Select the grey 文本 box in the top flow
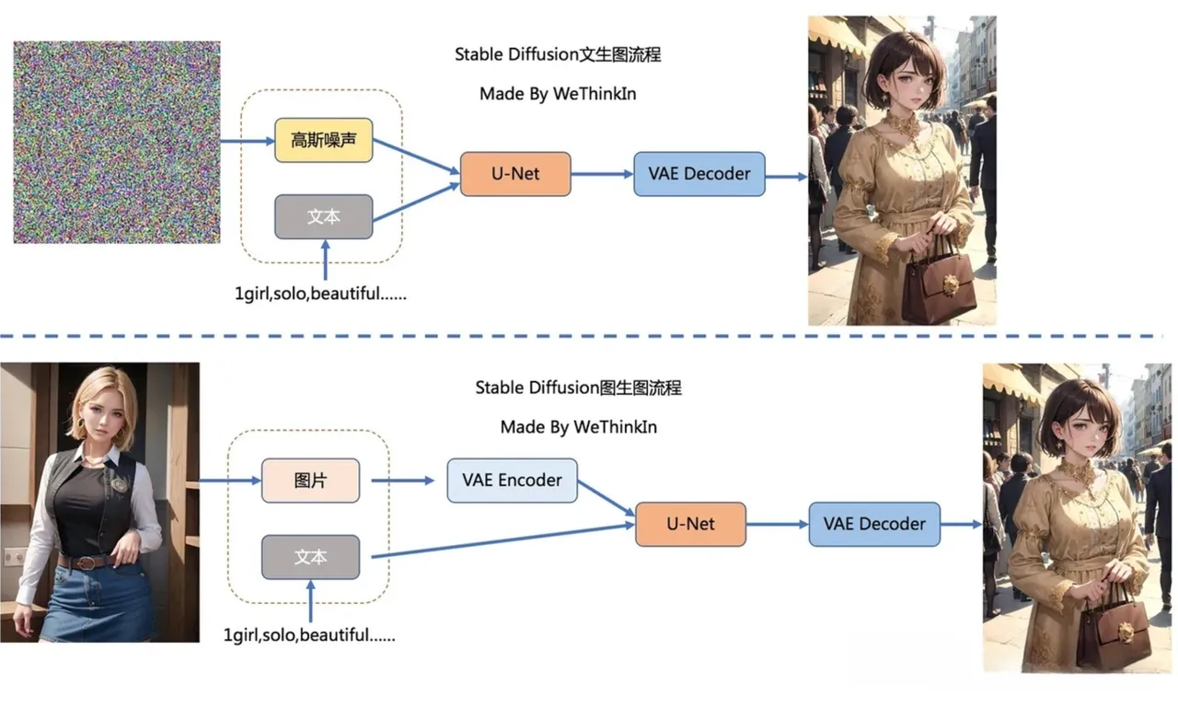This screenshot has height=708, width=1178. click(323, 217)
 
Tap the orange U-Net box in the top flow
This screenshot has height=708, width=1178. click(514, 173)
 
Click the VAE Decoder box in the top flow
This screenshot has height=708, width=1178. click(699, 173)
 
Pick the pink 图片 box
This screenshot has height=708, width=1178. click(310, 481)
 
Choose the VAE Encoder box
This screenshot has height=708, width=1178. click(512, 480)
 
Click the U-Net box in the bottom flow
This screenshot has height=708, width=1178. click(690, 524)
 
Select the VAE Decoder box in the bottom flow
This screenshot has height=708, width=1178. click(873, 524)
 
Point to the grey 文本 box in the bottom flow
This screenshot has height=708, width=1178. click(310, 557)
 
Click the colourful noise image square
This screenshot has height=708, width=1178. click(117, 143)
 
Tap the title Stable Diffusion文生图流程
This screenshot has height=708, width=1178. click(558, 54)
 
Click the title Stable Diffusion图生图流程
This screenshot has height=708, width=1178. click(578, 388)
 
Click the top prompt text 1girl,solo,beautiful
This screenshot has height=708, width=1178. click(320, 296)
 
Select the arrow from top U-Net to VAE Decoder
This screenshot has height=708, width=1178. click(602, 174)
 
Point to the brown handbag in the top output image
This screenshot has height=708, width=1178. click(939, 284)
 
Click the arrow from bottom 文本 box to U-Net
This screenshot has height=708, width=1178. click(502, 541)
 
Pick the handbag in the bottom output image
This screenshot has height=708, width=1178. click(1113, 631)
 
